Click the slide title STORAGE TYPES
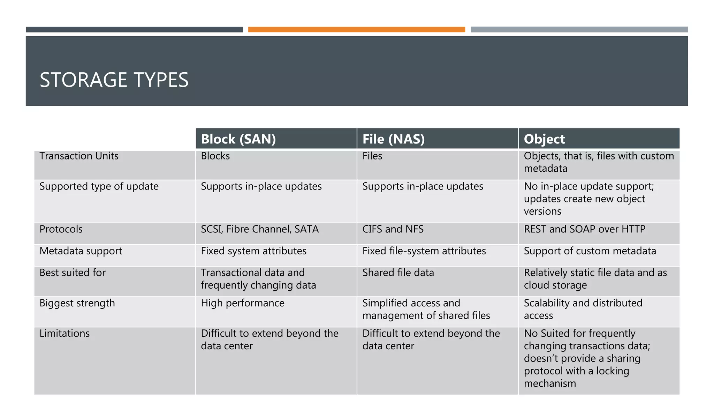click(114, 80)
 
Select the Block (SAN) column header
click(238, 139)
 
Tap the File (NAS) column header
click(394, 139)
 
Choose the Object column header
click(544, 139)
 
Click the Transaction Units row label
click(79, 156)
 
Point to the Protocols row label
click(61, 229)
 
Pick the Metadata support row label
click(81, 251)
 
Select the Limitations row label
click(64, 334)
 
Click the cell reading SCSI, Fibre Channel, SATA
click(260, 229)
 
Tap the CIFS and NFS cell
click(393, 229)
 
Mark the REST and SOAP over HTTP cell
click(585, 229)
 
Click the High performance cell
click(243, 303)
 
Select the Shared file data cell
click(398, 273)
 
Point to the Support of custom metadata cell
click(590, 251)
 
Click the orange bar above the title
click(356, 30)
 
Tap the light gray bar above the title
click(579, 30)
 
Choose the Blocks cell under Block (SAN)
click(215, 156)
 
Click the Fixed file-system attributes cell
click(424, 251)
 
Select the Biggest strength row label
click(77, 303)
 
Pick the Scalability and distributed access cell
click(583, 309)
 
